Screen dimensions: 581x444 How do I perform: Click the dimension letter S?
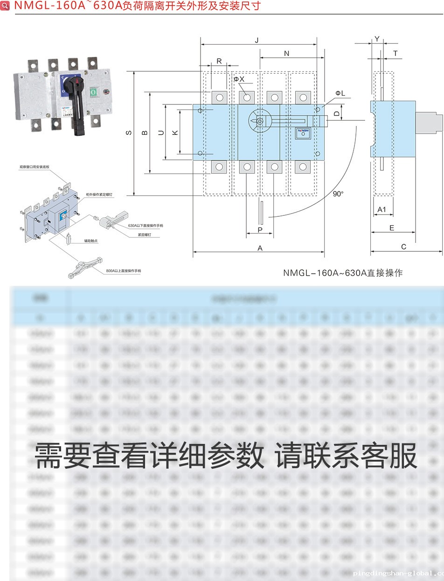click(129, 133)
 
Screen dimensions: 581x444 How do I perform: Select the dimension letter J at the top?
click(257, 41)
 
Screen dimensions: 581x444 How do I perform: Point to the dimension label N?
click(286, 54)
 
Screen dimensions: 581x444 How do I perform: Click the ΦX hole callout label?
click(239, 79)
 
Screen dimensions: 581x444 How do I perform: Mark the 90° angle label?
click(338, 194)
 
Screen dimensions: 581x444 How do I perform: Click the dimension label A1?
click(382, 209)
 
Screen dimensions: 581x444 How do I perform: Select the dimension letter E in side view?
click(392, 228)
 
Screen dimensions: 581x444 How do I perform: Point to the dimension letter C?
click(404, 247)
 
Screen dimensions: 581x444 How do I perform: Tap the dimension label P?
click(260, 230)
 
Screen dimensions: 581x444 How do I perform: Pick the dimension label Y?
click(377, 39)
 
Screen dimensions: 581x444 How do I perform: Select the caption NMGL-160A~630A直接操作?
click(343, 273)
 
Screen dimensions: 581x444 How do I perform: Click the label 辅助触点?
click(91, 241)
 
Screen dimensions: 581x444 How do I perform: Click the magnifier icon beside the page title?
click(5, 6)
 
